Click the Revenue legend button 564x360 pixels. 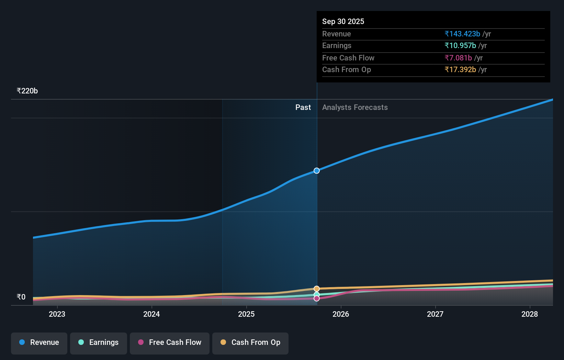[39, 342]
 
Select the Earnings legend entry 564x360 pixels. [99, 342]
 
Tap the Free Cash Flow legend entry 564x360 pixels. [170, 342]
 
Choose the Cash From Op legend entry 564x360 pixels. [250, 342]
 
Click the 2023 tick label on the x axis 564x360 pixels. [57, 314]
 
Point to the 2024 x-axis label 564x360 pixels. [151, 314]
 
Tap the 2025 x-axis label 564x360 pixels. [246, 314]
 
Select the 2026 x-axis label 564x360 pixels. [341, 314]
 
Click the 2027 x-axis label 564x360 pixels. [435, 314]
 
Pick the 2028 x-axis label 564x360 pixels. [530, 314]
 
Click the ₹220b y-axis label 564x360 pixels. [27, 91]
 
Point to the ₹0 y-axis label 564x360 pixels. [21, 297]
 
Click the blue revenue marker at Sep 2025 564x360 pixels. [317, 171]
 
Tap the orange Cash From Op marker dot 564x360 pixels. [317, 289]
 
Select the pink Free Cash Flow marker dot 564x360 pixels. [317, 299]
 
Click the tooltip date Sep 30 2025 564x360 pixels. [343, 21]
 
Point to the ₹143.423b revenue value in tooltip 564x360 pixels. [462, 34]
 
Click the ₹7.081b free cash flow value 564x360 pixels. [458, 58]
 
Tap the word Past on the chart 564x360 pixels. [303, 108]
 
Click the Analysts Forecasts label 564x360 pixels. [355, 108]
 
